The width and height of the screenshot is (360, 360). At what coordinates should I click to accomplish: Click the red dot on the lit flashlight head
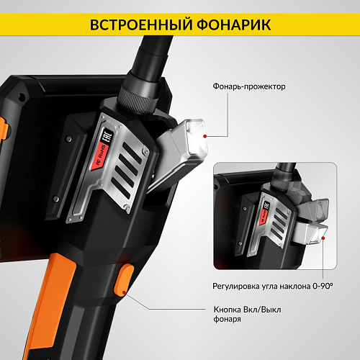tap(205, 135)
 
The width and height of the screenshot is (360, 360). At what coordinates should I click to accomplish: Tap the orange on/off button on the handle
tap(123, 280)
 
